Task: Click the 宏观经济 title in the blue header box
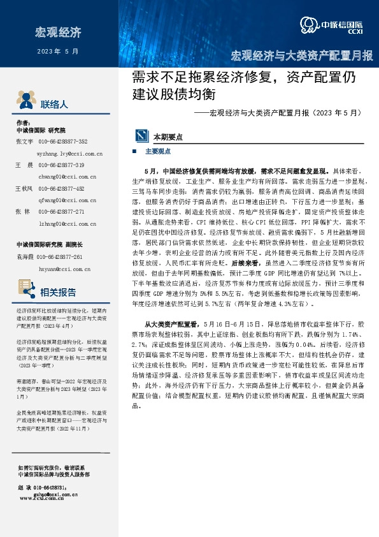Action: pyautogui.click(x=58, y=32)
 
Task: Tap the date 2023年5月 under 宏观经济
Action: pyautogui.click(x=58, y=50)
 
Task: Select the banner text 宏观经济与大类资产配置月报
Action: pyautogui.click(x=302, y=55)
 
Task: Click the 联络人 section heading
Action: pyautogui.click(x=54, y=105)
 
